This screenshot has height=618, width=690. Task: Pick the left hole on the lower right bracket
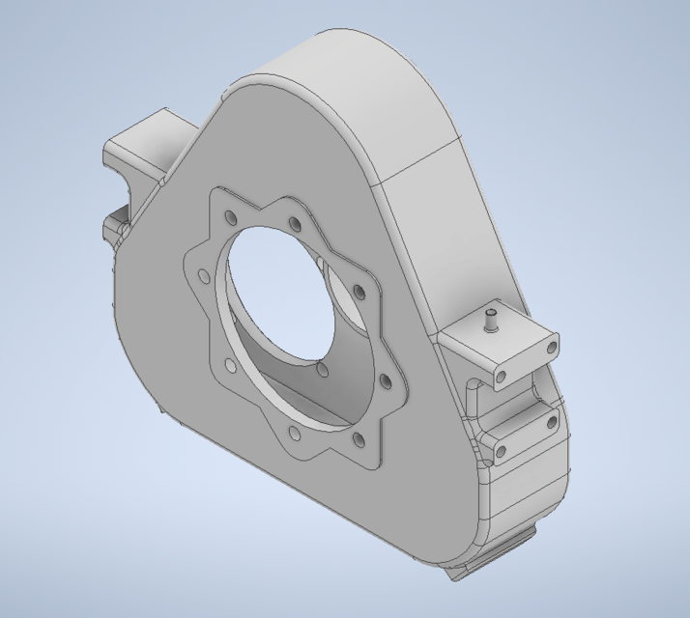pos(502,451)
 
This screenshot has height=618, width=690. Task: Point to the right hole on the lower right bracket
pos(552,422)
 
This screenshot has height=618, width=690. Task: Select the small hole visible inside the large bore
pos(322,371)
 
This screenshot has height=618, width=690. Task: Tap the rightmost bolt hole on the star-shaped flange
pos(388,381)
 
